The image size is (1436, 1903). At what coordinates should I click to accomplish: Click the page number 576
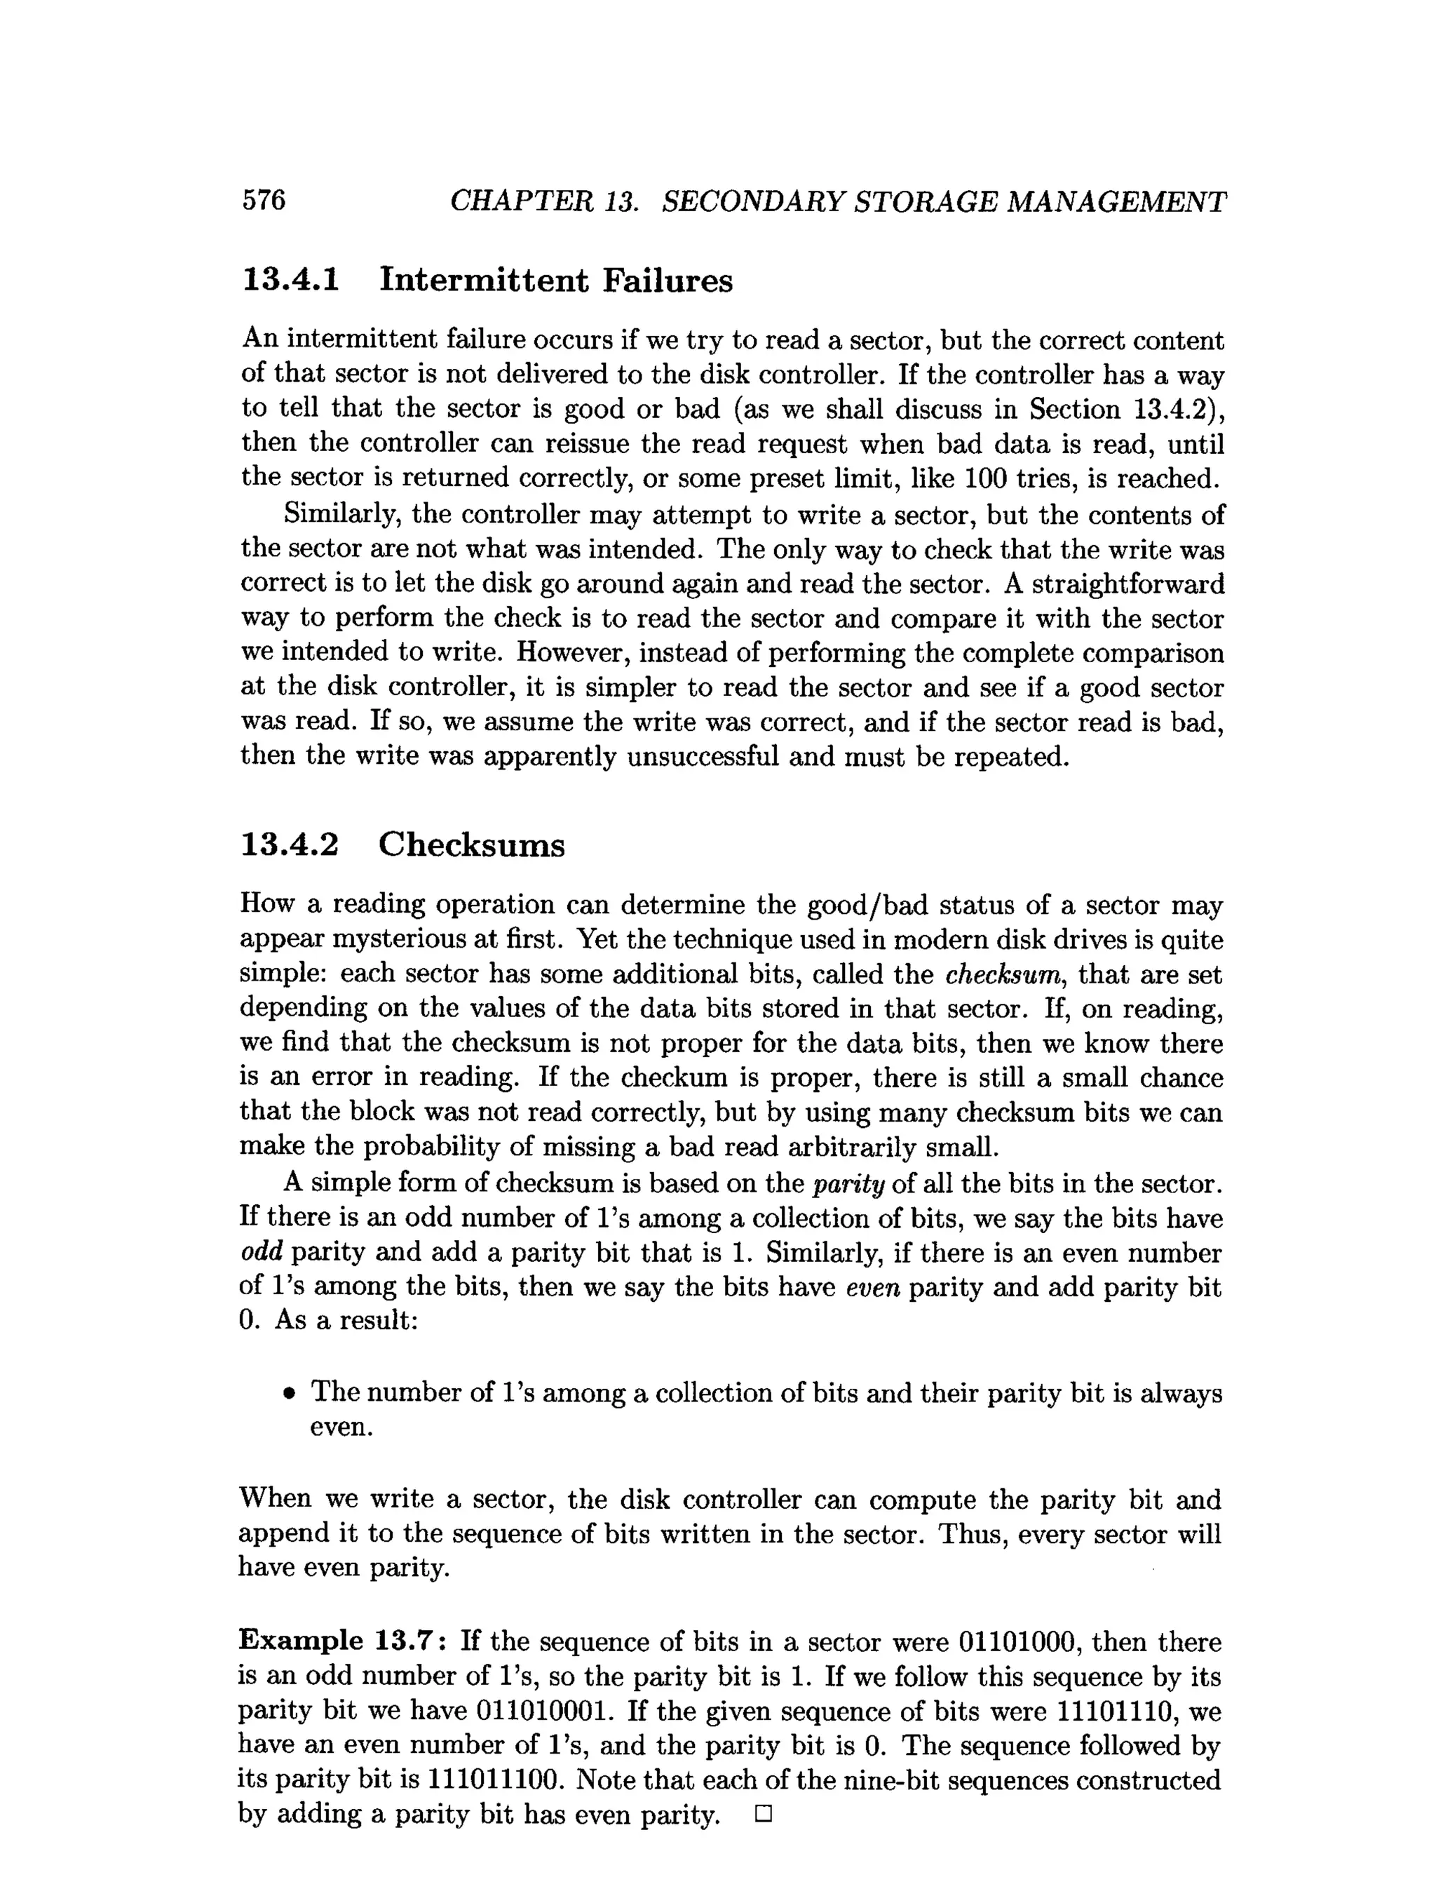(x=263, y=200)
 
